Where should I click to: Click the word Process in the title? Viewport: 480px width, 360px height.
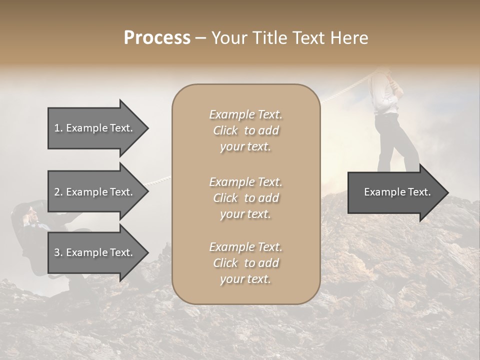point(157,38)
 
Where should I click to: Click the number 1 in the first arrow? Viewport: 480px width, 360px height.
point(57,128)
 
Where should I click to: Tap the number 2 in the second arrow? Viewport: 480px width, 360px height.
point(57,192)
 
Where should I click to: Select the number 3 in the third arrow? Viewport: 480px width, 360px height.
point(57,252)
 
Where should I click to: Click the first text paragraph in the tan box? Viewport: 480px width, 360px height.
point(245,130)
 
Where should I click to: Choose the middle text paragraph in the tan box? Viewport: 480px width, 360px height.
point(245,198)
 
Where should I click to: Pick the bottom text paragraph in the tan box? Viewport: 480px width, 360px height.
point(245,263)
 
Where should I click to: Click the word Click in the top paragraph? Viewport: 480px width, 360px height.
point(225,130)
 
